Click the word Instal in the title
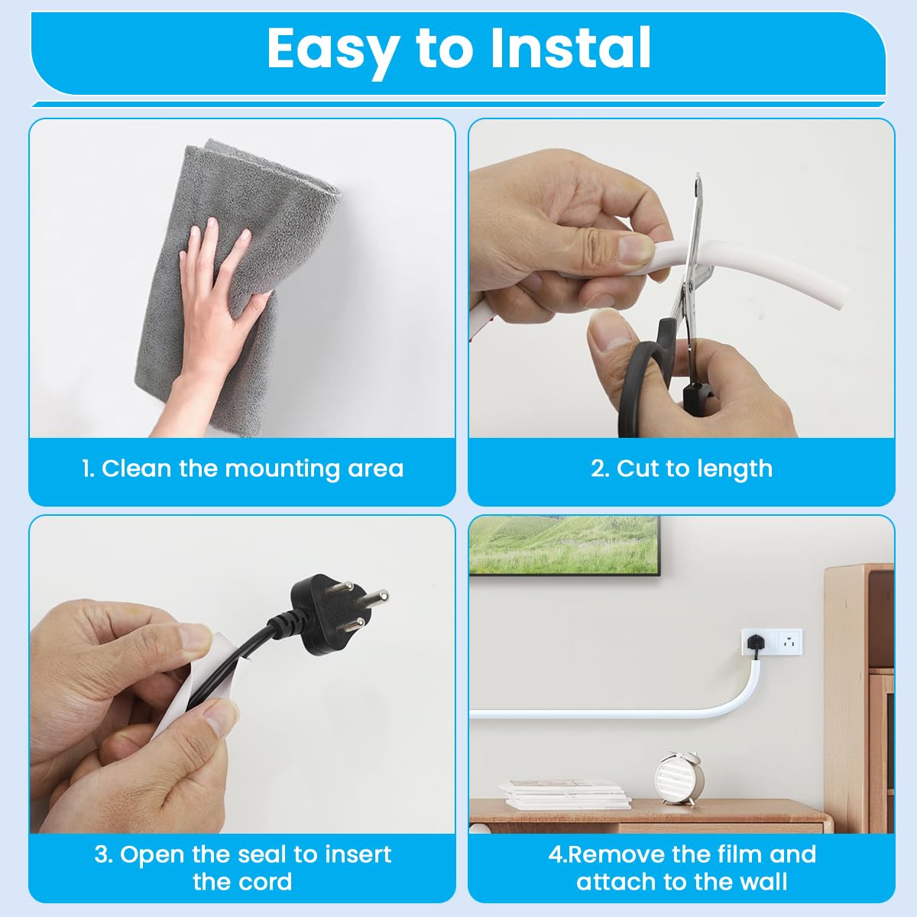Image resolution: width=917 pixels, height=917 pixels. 570,48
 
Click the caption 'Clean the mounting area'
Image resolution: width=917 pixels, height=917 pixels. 243,468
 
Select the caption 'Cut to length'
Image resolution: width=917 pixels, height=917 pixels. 682,468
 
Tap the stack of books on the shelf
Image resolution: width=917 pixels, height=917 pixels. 565,795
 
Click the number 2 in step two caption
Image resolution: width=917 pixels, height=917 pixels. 598,468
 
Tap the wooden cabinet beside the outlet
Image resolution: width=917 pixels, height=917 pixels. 860,688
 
